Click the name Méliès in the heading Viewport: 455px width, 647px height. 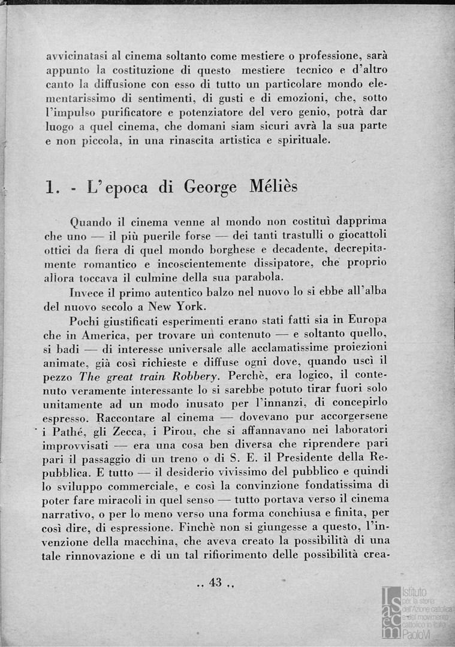point(272,186)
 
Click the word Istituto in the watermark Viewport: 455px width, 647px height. point(414,591)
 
